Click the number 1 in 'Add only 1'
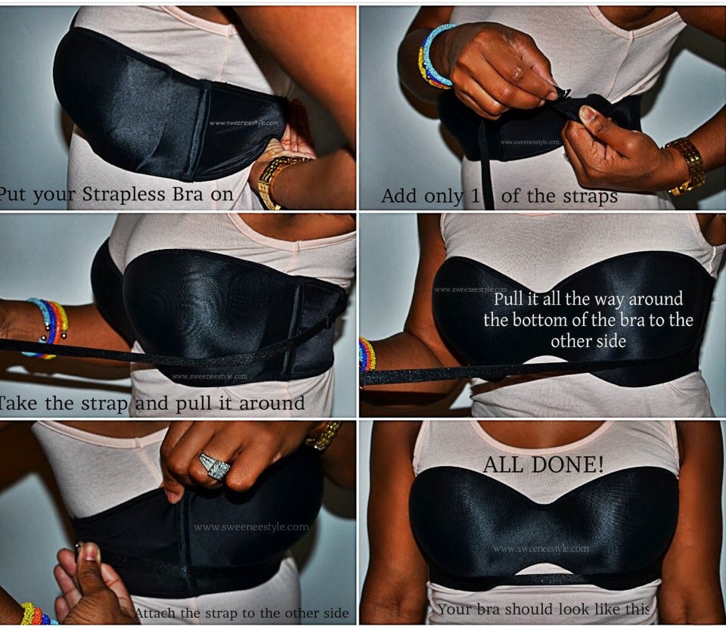pyautogui.click(x=476, y=197)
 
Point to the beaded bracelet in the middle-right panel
pyautogui.click(x=367, y=354)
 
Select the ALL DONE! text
pyautogui.click(x=543, y=464)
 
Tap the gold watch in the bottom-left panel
pyautogui.click(x=324, y=436)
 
